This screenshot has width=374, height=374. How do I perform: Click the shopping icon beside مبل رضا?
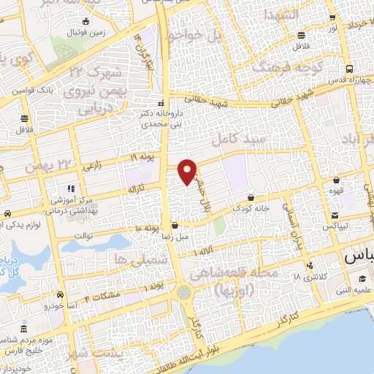point(175,226)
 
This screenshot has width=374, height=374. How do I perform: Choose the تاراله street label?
point(137,188)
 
